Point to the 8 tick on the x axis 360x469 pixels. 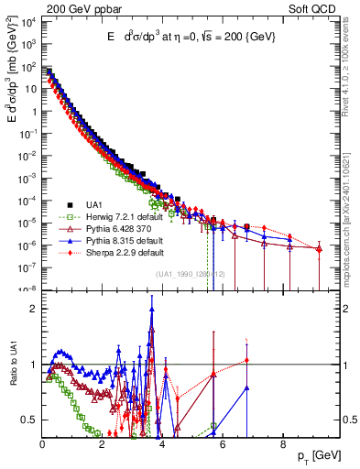coord(282,442)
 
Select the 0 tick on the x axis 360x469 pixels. coord(42,442)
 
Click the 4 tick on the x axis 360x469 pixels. coord(162,442)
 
